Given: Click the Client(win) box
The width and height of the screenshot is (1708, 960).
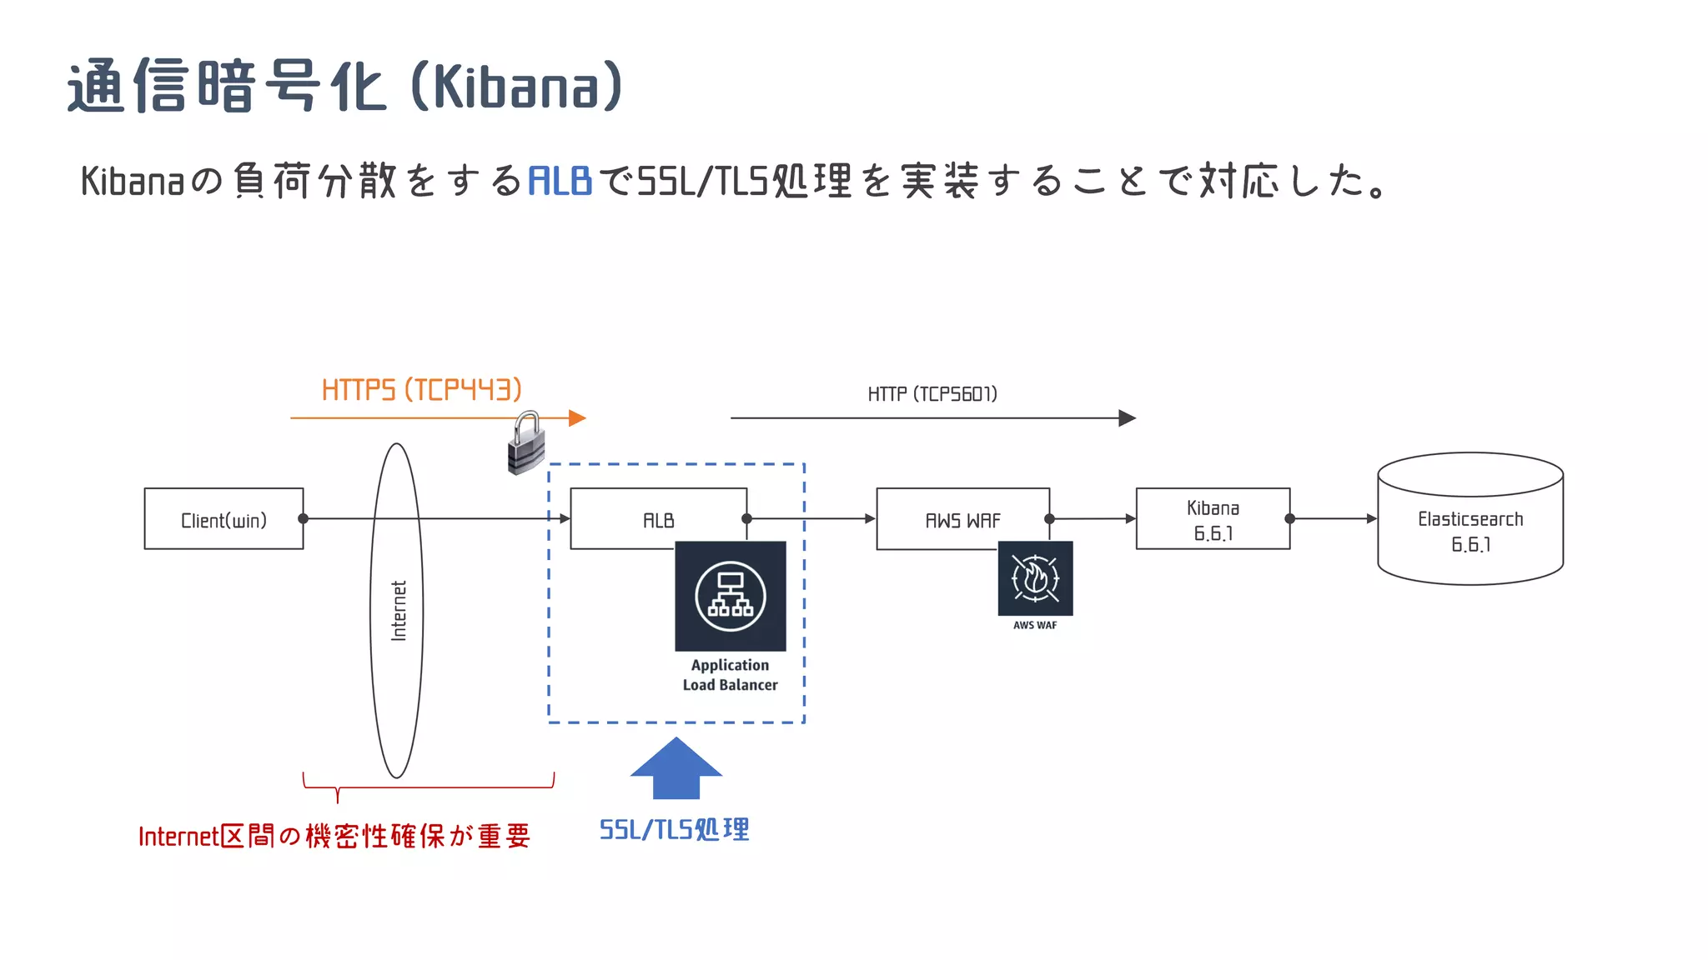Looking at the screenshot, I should click(224, 519).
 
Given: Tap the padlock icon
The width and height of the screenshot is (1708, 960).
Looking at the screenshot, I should click(526, 444).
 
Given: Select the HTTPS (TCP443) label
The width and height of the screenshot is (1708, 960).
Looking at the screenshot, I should click(421, 390).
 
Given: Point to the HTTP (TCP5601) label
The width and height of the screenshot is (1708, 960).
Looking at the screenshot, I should click(932, 394).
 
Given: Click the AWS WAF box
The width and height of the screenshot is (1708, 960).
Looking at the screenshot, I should click(962, 519).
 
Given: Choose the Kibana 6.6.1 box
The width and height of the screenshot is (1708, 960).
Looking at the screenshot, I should click(1213, 519).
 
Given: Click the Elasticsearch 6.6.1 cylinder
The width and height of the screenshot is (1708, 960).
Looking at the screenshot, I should click(1470, 519).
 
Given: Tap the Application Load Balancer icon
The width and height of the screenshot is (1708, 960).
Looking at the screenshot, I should click(731, 596).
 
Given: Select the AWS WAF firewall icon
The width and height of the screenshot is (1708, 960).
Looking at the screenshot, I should click(1035, 578).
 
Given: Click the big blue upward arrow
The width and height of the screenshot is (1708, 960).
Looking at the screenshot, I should click(676, 769).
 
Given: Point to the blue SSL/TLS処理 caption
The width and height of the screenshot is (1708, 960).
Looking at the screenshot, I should click(675, 830).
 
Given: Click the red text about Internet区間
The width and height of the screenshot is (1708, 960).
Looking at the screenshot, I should click(334, 836).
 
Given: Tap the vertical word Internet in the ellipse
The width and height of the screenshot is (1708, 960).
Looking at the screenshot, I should click(399, 611).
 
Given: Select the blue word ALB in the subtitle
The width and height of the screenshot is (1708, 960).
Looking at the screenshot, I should click(560, 181).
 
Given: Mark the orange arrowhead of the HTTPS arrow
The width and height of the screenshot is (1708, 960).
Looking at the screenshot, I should click(577, 418).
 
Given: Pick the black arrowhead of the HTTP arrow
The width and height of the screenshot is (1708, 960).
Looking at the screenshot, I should click(1127, 418).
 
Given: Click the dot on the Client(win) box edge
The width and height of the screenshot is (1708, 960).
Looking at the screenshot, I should click(304, 519).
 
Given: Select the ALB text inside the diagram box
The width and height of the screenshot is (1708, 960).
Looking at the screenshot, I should click(658, 521).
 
